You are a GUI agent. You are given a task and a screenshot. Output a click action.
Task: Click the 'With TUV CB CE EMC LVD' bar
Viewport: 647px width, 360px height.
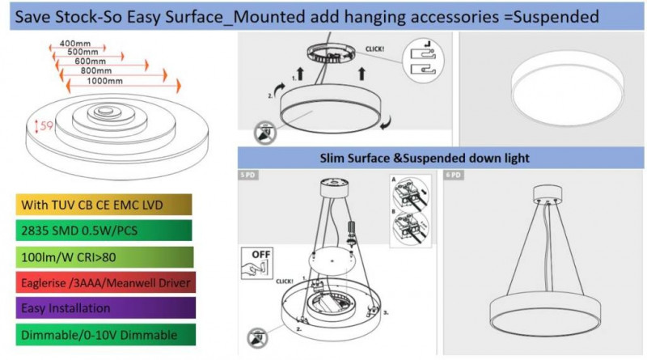(104, 203)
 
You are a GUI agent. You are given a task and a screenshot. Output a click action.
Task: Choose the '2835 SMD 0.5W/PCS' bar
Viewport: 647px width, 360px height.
(104, 229)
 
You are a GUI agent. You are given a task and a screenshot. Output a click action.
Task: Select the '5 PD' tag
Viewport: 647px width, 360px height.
(247, 175)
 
